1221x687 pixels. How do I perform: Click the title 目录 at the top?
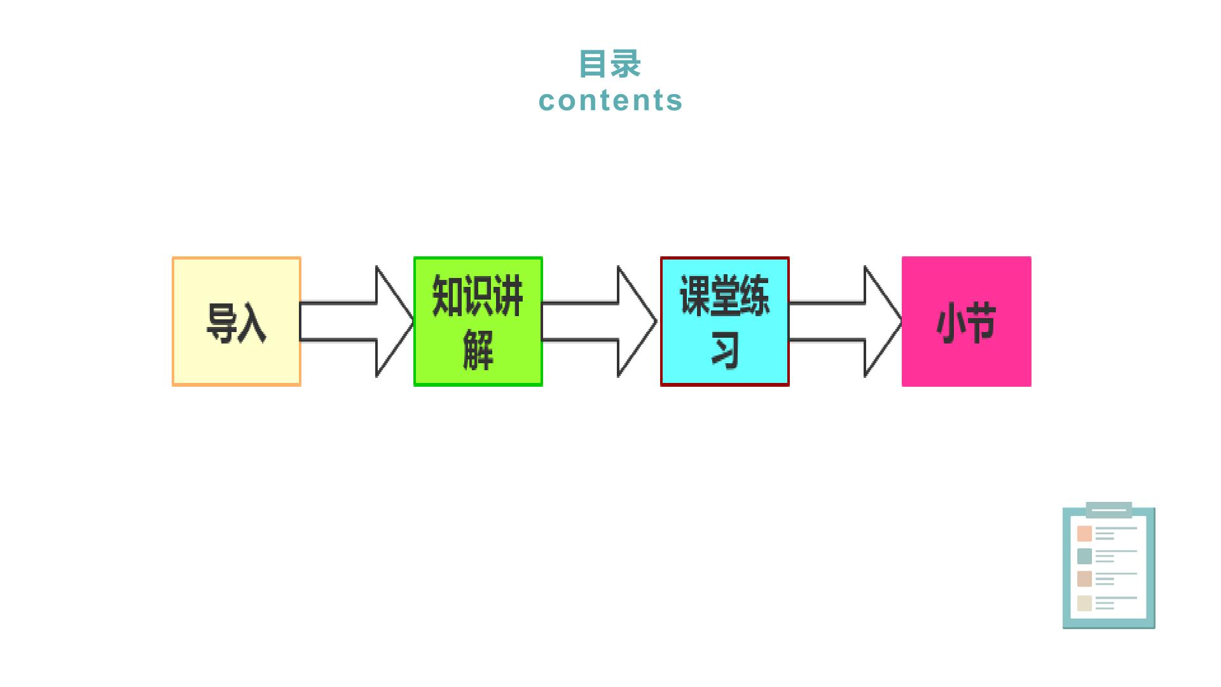pos(610,64)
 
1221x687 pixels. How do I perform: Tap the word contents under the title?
pos(610,101)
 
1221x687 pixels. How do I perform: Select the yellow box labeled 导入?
pos(237,321)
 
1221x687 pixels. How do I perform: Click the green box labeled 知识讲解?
pos(478,321)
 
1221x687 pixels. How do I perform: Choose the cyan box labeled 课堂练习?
pos(725,321)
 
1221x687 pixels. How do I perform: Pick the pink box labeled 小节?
pos(967,321)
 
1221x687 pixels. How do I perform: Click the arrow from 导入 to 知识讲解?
pos(357,321)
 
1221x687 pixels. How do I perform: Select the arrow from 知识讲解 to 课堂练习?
pos(599,321)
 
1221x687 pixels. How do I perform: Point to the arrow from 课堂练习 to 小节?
pos(846,321)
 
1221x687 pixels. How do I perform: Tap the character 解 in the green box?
pos(478,349)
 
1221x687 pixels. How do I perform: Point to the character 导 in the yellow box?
pos(221,323)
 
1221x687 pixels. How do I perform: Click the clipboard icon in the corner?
pos(1109,566)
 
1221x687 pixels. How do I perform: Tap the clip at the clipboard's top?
pos(1109,509)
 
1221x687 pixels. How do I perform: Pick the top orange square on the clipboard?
pos(1084,534)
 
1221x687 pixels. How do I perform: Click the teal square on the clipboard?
pos(1084,556)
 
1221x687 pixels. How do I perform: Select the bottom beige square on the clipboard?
pos(1084,603)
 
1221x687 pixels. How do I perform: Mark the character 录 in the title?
pos(626,64)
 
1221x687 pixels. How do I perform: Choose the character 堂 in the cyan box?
pos(725,295)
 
